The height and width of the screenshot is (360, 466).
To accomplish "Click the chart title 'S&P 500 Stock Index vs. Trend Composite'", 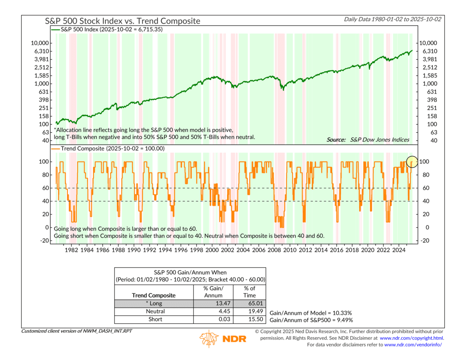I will click(122, 21).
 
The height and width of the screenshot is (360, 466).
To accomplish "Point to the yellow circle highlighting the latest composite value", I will click(412, 162).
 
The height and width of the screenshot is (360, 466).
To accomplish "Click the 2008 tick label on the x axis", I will click(274, 249).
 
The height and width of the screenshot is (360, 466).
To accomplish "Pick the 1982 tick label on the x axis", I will click(71, 249).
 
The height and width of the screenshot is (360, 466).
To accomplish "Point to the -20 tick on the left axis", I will click(44, 240).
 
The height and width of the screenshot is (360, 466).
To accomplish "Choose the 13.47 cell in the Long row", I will click(214, 304).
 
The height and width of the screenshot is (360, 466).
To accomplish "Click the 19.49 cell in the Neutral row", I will click(250, 311).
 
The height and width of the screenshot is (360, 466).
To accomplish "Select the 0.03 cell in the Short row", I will click(214, 319).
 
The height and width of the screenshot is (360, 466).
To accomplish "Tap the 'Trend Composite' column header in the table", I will click(154, 295).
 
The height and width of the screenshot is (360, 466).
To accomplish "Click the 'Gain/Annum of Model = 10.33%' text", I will click(311, 311).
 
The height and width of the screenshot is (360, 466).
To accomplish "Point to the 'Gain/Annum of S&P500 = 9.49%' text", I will click(311, 320).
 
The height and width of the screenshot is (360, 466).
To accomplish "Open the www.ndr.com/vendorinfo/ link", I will click(413, 345).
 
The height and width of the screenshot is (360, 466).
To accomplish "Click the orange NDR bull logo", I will click(209, 339).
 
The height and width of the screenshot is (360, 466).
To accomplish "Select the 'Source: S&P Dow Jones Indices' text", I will click(368, 140).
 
